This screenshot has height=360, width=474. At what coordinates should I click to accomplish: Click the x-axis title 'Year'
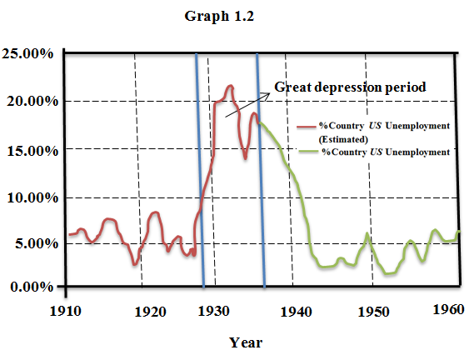pos(246,341)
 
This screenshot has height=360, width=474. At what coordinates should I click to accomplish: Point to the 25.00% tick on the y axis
pos(28,54)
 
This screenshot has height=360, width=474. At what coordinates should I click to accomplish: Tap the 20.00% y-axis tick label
pos(28,102)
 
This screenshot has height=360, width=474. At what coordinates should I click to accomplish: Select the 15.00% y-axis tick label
pos(28,149)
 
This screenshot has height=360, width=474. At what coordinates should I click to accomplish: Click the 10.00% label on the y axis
pos(28,197)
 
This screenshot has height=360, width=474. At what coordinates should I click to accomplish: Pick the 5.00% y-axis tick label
pos(32,245)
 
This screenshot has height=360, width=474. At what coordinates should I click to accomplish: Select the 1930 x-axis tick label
pos(216,311)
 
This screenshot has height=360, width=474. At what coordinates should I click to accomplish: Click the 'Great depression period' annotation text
pos(350,87)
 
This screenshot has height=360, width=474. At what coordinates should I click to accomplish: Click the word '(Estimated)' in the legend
pos(342,139)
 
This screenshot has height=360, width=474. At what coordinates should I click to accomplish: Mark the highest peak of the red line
pos(230,86)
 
